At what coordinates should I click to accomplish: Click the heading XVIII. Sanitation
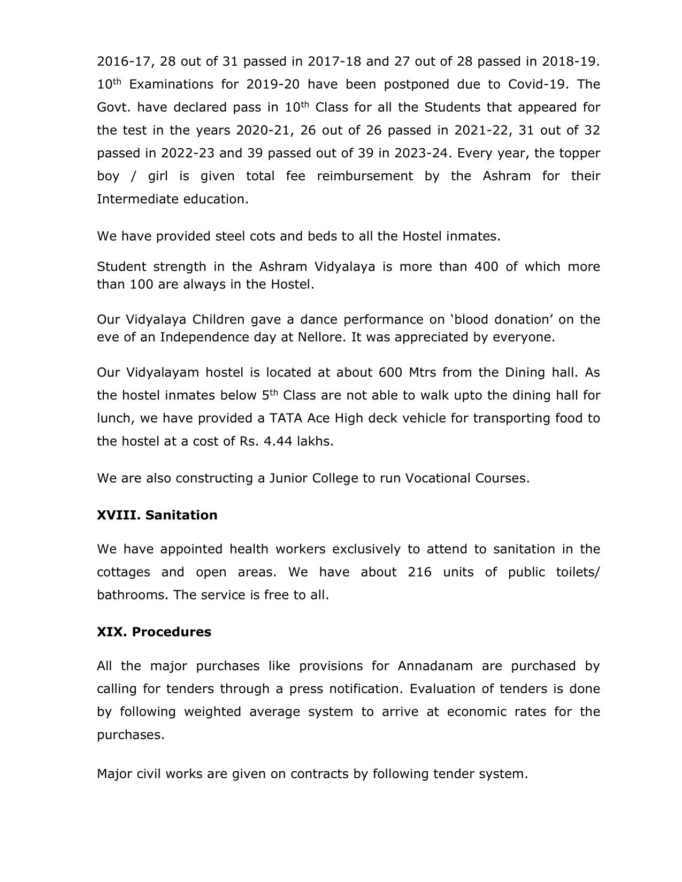click(x=157, y=515)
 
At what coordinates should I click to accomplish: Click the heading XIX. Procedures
click(x=154, y=632)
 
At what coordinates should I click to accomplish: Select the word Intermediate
click(x=137, y=199)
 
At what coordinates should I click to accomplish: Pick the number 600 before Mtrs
click(x=390, y=372)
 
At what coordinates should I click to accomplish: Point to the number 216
click(x=419, y=572)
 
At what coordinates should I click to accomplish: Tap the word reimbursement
click(x=364, y=176)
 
